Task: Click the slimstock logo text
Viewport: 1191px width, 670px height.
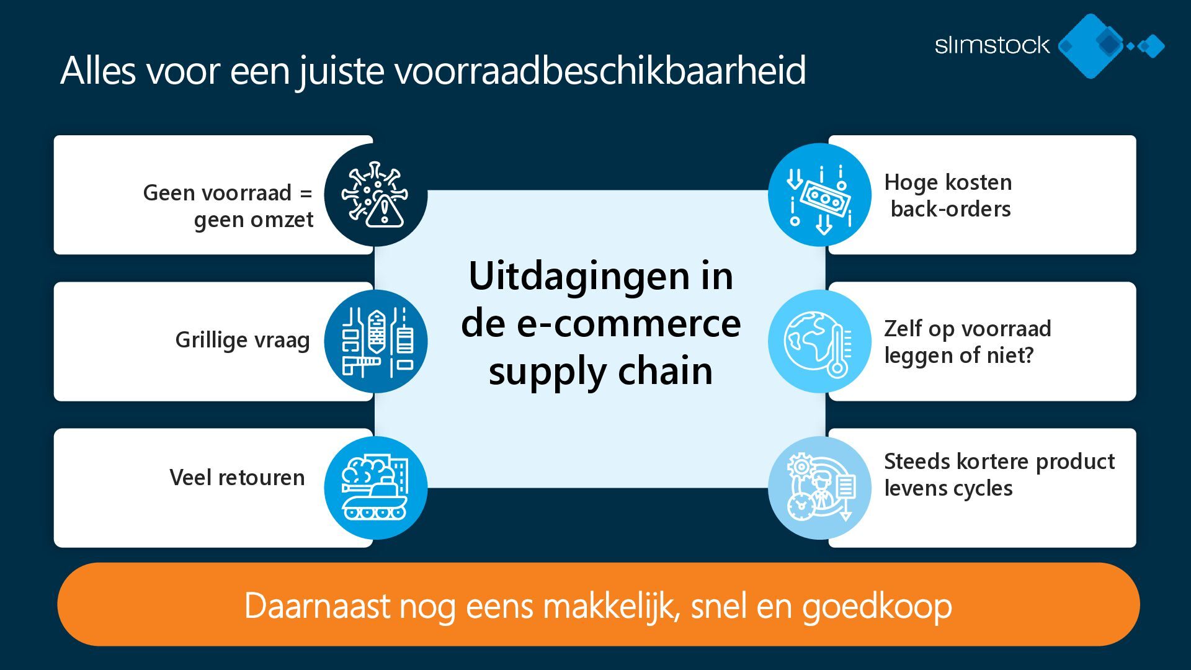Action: click(992, 45)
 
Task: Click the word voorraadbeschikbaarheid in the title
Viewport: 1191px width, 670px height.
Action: click(600, 70)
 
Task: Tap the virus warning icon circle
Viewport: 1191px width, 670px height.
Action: click(376, 195)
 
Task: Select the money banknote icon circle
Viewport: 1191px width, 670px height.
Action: click(819, 195)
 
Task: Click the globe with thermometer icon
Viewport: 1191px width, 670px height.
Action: click(819, 341)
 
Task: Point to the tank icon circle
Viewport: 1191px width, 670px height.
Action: click(376, 488)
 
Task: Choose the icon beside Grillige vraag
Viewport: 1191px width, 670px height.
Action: click(376, 341)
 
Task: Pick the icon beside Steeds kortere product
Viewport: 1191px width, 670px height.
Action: click(819, 488)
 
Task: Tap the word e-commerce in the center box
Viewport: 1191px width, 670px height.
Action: click(628, 324)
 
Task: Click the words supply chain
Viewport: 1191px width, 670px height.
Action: click(600, 372)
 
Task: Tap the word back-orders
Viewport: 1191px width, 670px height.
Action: click(950, 209)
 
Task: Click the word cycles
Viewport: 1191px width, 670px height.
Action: click(983, 488)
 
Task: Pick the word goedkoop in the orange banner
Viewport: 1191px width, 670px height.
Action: click(877, 606)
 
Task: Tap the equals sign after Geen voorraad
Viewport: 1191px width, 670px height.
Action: click(306, 193)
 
